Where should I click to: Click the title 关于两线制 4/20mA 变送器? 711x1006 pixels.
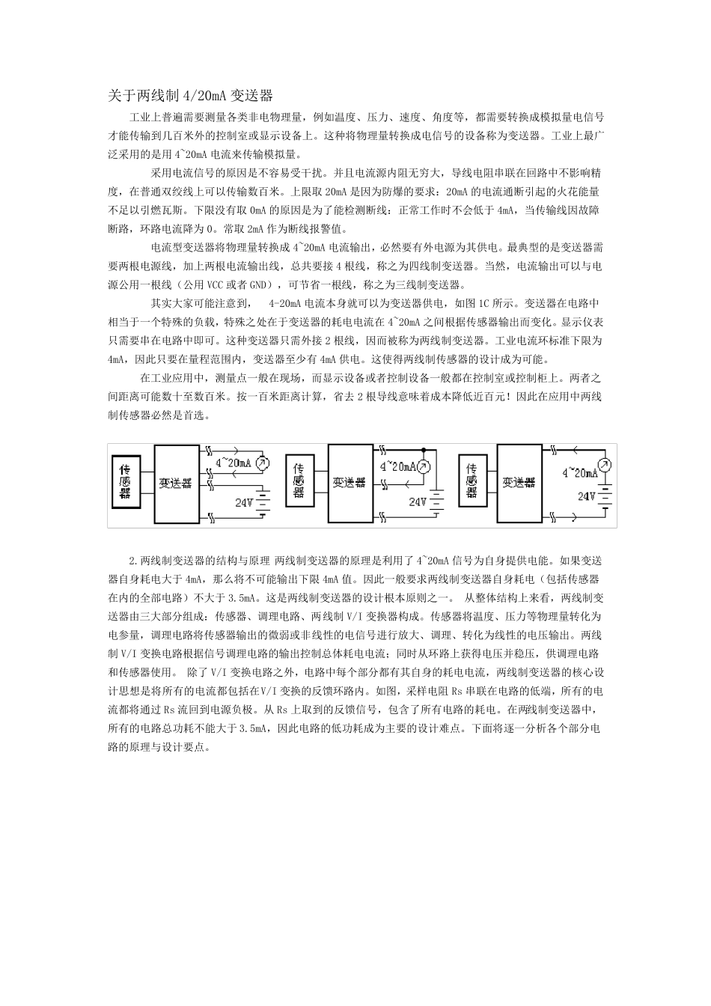tap(190, 95)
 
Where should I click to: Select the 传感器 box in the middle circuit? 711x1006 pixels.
tap(299, 480)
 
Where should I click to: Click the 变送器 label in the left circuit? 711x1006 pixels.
tap(175, 484)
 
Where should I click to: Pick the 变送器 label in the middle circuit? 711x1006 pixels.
tap(350, 483)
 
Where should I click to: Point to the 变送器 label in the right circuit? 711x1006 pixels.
tap(519, 483)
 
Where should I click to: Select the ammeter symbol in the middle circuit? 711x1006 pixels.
tap(424, 467)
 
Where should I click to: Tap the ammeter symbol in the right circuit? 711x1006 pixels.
tap(605, 465)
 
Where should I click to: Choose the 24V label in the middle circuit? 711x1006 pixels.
tap(418, 502)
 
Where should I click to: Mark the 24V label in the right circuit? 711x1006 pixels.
tap(587, 496)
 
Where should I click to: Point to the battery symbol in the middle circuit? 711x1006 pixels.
tap(436, 502)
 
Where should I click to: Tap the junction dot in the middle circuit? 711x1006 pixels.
tap(424, 450)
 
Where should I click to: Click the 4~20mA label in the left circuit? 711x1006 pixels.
tap(233, 463)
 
